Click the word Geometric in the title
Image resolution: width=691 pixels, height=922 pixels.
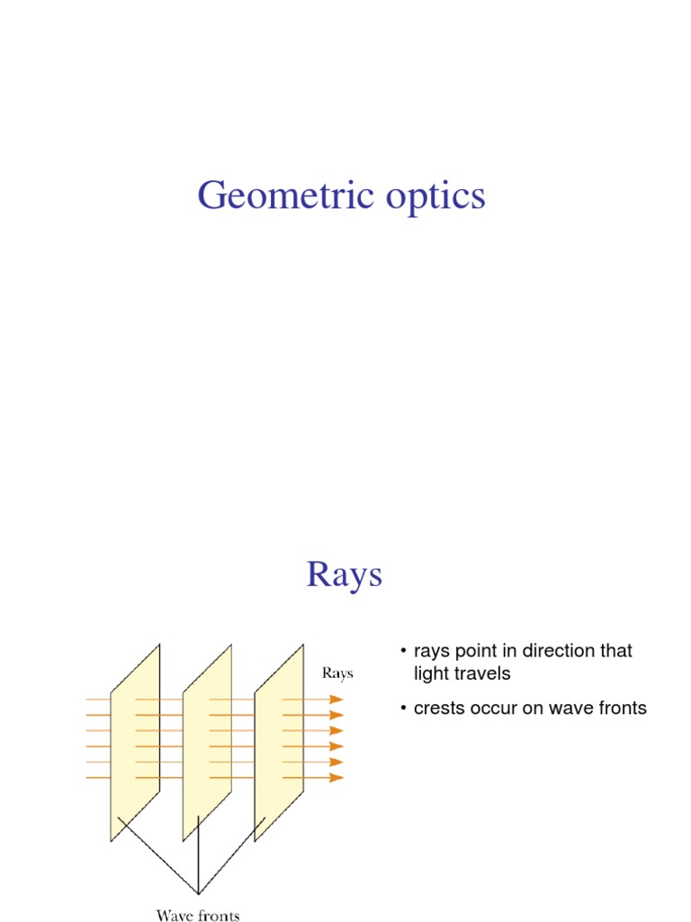coord(279,195)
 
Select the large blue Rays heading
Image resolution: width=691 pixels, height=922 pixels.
coord(345,574)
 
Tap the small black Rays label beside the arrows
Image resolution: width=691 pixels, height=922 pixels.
coord(337,673)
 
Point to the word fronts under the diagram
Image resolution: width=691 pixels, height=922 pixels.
coord(219,916)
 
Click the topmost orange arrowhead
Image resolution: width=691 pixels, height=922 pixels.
coord(337,700)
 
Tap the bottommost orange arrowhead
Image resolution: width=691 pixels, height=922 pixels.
coord(337,777)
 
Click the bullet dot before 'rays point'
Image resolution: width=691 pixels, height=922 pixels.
coord(404,651)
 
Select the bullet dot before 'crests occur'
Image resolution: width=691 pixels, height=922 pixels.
coord(404,709)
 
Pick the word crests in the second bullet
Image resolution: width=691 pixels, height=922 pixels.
coord(440,709)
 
